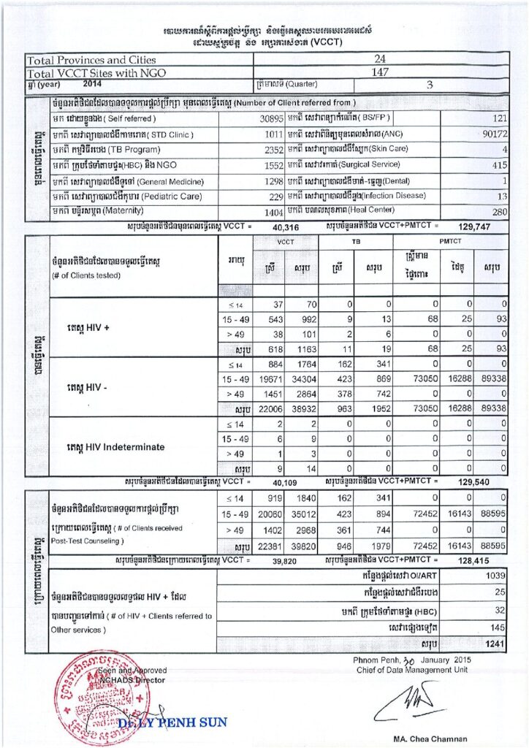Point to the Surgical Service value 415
497,165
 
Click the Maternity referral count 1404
273,212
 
